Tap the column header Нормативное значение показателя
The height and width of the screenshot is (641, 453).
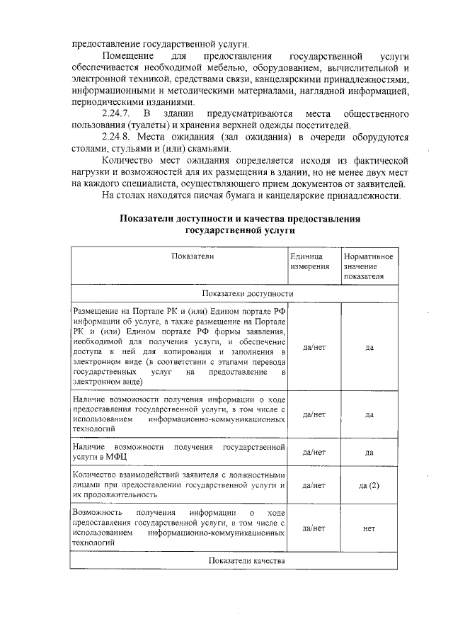pos(368,266)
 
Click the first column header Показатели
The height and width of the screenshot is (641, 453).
pos(191,256)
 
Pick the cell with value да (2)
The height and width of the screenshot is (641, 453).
pos(369,486)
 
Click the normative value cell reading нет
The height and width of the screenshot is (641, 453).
pos(369,528)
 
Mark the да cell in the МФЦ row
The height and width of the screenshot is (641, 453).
pos(369,452)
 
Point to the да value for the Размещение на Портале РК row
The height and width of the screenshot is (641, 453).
pos(369,348)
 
